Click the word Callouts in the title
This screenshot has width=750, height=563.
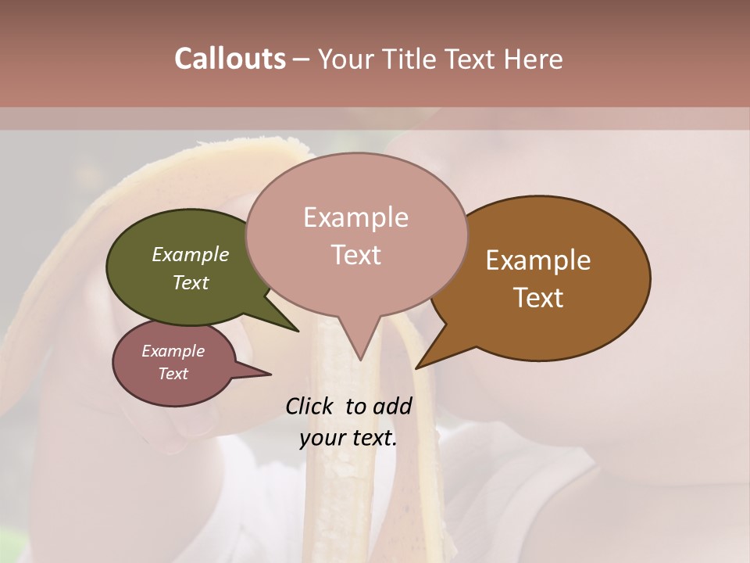coord(230,59)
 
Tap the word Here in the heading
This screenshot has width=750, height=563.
coord(534,59)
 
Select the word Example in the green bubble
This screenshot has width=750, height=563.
coord(191,255)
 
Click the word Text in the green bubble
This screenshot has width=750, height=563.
coord(191,282)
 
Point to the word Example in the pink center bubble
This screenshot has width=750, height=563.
coord(355,217)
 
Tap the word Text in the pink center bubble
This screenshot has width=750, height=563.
coord(355,255)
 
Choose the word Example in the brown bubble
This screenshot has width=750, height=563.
coord(538,260)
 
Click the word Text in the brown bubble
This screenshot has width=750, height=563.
coord(538,298)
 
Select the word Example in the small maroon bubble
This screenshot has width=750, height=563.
coord(173,351)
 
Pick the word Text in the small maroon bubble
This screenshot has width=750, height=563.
coord(173,374)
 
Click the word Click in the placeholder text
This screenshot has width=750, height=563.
coord(310,406)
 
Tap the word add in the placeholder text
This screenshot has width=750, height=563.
coord(392,406)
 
